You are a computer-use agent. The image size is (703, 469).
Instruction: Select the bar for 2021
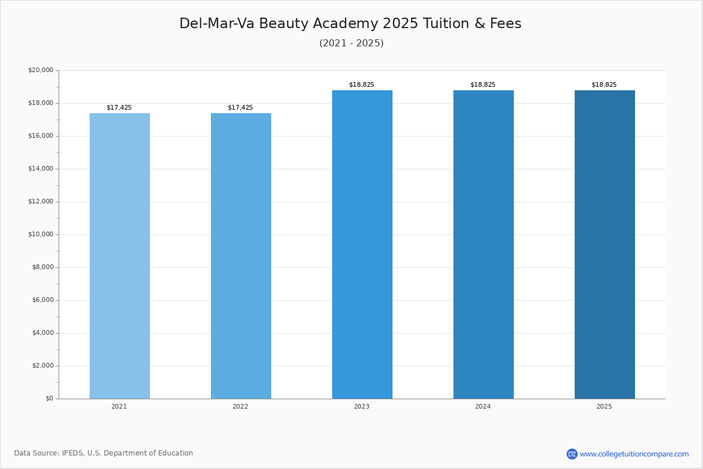click(x=120, y=256)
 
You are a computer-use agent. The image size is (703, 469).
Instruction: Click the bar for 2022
click(x=241, y=256)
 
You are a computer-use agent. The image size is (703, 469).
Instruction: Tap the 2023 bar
click(x=362, y=244)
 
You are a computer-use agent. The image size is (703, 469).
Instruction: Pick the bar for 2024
click(x=483, y=244)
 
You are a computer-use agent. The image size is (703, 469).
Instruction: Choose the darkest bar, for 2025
click(x=605, y=244)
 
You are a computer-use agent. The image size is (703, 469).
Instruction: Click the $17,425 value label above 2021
click(x=119, y=108)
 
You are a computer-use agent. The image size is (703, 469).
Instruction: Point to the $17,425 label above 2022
click(x=240, y=108)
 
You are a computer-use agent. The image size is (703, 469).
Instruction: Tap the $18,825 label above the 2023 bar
click(x=361, y=85)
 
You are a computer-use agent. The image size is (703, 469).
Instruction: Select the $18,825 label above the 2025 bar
click(x=604, y=85)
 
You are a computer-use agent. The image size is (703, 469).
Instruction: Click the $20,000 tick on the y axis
click(x=40, y=70)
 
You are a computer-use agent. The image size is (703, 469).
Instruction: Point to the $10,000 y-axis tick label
click(x=40, y=235)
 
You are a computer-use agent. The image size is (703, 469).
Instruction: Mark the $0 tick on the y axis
click(x=49, y=399)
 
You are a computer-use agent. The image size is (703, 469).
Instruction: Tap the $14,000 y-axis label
click(x=40, y=169)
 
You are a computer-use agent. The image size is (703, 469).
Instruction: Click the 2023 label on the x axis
click(x=361, y=407)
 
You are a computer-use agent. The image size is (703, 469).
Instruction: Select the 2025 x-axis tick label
click(x=604, y=407)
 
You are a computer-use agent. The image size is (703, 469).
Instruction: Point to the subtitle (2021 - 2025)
click(x=351, y=43)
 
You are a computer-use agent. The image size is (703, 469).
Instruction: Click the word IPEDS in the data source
click(x=73, y=453)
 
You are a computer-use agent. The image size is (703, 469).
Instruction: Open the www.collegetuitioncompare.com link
click(x=634, y=454)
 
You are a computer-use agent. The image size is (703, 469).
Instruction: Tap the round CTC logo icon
click(x=572, y=454)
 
